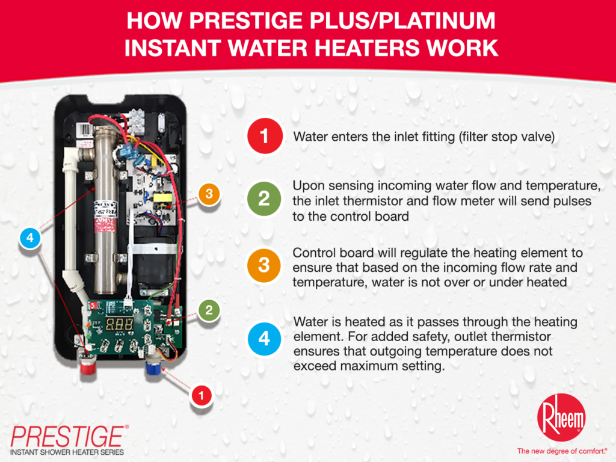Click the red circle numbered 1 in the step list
coord(265,137)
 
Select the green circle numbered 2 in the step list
coord(265,199)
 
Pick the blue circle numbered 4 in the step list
coord(265,339)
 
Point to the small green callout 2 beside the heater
coord(209,310)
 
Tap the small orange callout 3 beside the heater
coord(209,194)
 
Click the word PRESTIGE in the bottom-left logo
coord(68,434)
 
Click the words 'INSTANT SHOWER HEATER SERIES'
coord(66,451)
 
